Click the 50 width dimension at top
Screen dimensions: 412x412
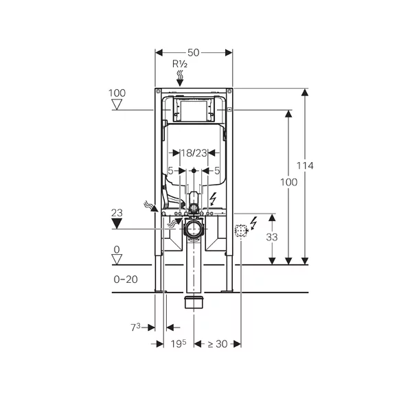tap(194, 53)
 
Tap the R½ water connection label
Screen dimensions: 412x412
tap(180, 64)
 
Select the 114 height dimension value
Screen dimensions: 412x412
tap(305, 165)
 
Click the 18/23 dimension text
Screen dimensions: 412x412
tap(194, 153)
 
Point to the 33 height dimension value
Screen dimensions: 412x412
tap(272, 238)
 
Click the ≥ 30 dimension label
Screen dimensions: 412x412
tap(218, 344)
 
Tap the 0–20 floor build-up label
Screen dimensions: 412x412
tap(126, 279)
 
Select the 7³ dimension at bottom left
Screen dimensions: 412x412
tap(135, 328)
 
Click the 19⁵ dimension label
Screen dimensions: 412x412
tap(179, 343)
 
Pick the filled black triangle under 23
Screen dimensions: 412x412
tap(117, 224)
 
